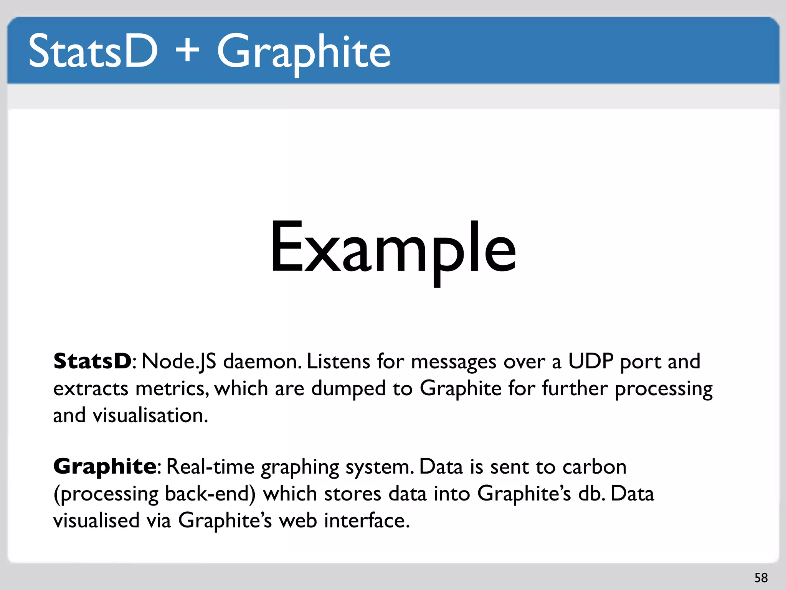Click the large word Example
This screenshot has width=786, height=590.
pyautogui.click(x=393, y=248)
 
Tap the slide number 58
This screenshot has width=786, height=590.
pyautogui.click(x=761, y=578)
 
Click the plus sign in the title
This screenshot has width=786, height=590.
pyautogui.click(x=187, y=50)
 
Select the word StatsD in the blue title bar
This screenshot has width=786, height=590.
pyautogui.click(x=93, y=51)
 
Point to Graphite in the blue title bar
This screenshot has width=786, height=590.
pyautogui.click(x=304, y=52)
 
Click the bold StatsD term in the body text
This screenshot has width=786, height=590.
pyautogui.click(x=92, y=361)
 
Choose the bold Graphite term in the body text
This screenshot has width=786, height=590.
pyautogui.click(x=104, y=466)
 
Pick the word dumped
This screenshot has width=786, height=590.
pyautogui.click(x=348, y=389)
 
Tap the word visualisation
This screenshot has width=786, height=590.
pyautogui.click(x=150, y=416)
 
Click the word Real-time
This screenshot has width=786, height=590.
pyautogui.click(x=210, y=467)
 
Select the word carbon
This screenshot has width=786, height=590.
pyautogui.click(x=594, y=467)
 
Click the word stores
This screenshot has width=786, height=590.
pyautogui.click(x=352, y=494)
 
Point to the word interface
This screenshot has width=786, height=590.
pyautogui.click(x=367, y=521)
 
